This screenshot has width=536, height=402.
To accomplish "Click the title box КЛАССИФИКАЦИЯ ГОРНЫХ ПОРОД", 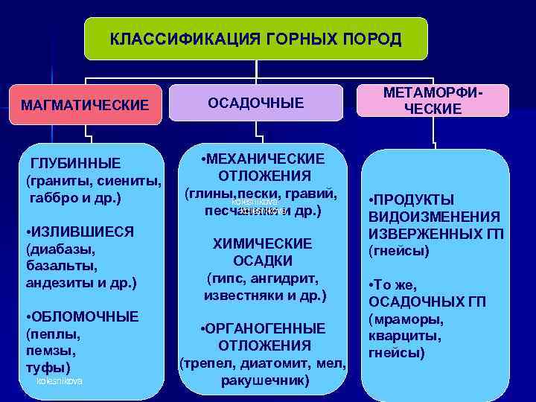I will click(255, 39).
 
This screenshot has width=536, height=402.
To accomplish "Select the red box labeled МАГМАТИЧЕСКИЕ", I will click(85, 105).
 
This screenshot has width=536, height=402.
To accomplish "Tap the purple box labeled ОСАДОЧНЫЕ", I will click(255, 103).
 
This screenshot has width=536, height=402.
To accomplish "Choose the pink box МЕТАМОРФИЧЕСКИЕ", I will click(433, 100).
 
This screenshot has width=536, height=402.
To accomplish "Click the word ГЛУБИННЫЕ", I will click(75, 164).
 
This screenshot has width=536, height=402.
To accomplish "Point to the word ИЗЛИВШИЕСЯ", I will click(83, 232).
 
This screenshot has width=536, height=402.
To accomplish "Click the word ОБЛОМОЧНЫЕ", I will click(86, 316).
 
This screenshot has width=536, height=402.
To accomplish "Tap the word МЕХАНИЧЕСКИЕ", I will click(268, 159).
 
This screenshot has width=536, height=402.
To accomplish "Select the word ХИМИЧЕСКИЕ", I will click(262, 244).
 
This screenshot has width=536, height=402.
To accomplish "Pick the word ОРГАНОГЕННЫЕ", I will click(267, 329).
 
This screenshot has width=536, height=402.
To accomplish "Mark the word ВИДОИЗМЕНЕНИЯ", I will click(434, 217).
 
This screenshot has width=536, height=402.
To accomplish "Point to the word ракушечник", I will click(264, 380).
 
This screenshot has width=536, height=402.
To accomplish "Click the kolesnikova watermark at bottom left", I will click(60, 381).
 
